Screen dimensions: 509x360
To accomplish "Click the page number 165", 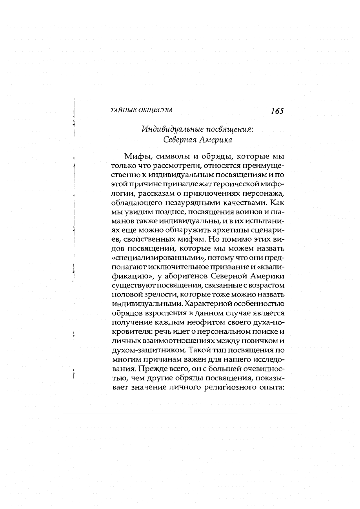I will pyautogui.click(x=277, y=111).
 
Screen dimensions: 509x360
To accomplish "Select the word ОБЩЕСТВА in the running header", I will pyautogui.click(x=156, y=110).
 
